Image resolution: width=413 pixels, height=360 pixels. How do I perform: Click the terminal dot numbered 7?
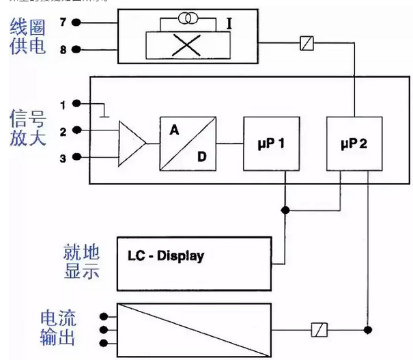coord(76,23)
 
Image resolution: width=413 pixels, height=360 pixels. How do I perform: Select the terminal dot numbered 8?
coord(76,50)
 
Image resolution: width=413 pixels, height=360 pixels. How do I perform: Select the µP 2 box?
coord(354,143)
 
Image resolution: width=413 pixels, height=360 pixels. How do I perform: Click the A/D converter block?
coord(187,143)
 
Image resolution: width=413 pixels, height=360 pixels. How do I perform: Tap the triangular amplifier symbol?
coord(132,143)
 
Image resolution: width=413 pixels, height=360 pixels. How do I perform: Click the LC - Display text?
coord(166,257)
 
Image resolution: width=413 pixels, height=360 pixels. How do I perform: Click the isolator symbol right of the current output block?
coord(319,330)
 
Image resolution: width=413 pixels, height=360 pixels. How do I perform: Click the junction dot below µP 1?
coord(285,210)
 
